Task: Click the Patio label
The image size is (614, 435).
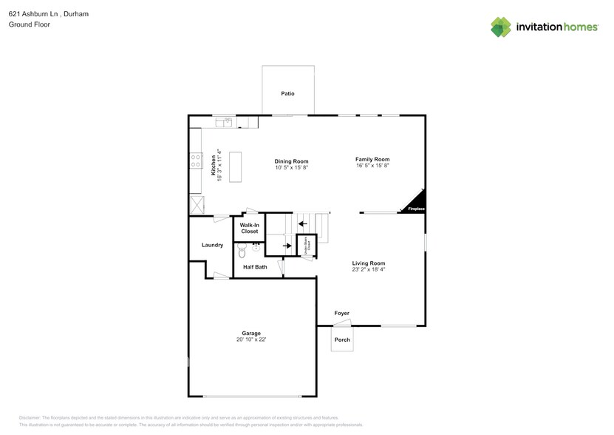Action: [287, 94]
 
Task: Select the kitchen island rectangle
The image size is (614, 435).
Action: [236, 166]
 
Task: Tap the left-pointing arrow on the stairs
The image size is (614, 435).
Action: [301, 223]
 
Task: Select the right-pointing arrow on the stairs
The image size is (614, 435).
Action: [286, 246]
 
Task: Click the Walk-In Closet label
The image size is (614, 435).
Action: [249, 228]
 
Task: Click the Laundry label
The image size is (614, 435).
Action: [212, 245]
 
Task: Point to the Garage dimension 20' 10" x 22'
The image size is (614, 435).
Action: [250, 340]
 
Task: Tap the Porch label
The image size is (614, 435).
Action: [342, 340]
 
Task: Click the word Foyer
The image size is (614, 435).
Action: [341, 313]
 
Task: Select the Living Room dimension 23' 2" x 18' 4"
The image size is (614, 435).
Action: [369, 269]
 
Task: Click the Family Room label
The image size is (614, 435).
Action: [372, 159]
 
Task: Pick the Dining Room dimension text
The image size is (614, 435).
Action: [291, 167]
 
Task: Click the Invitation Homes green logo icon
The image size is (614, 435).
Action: [501, 27]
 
